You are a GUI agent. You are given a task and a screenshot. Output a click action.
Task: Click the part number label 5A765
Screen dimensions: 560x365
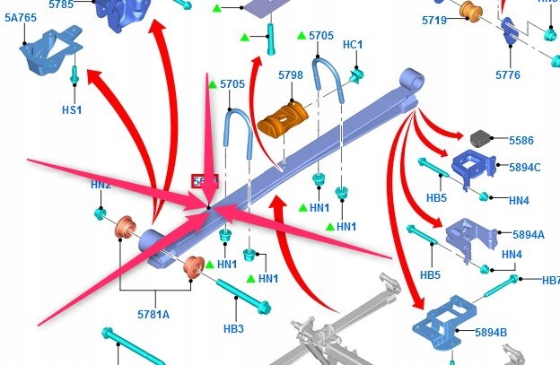coord(21,17)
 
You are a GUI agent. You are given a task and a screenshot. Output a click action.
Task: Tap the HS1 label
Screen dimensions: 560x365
coord(72,110)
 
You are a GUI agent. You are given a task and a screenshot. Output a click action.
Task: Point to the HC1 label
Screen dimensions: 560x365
coord(353,45)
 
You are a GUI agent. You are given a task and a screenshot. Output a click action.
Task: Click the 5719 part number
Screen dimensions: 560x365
coord(433,19)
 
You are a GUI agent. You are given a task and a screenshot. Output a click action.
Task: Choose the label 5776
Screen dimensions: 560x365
coord(507,75)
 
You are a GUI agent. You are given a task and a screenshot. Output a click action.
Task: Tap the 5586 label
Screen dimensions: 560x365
coord(521,141)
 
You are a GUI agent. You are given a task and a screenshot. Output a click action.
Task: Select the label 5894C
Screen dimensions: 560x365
coord(525,167)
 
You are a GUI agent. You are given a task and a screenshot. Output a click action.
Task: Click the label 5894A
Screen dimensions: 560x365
coord(529,234)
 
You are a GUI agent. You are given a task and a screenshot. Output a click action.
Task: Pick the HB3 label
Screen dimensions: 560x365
coord(233,329)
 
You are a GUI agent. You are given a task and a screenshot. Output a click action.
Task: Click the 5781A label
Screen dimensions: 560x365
coord(153,314)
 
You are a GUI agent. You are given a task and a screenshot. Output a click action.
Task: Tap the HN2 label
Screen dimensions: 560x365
coord(101,185)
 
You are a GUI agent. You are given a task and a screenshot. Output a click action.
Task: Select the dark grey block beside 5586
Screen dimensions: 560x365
coord(480,138)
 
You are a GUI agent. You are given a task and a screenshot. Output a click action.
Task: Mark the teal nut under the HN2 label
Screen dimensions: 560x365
coord(101,213)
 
